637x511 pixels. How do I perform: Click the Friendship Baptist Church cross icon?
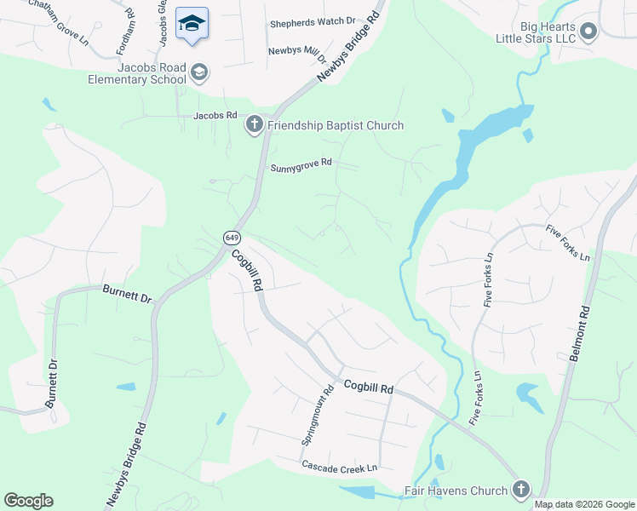(254, 126)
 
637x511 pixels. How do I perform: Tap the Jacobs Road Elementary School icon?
(199, 72)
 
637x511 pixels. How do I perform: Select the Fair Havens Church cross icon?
(520, 490)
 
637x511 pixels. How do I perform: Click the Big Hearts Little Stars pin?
(588, 33)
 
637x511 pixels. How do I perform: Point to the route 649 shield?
(232, 237)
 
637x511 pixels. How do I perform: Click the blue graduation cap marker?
(192, 23)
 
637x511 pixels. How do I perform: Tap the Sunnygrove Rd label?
(301, 168)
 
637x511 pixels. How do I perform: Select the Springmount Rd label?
(317, 416)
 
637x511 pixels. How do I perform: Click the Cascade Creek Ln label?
(339, 468)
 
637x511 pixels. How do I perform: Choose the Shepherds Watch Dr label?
(313, 20)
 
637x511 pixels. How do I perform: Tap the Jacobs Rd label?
(213, 115)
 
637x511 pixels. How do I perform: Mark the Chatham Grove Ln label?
(59, 23)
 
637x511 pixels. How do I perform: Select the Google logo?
(28, 501)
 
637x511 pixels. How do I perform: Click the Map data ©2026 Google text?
(584, 504)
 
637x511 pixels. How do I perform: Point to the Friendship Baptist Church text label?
(336, 126)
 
